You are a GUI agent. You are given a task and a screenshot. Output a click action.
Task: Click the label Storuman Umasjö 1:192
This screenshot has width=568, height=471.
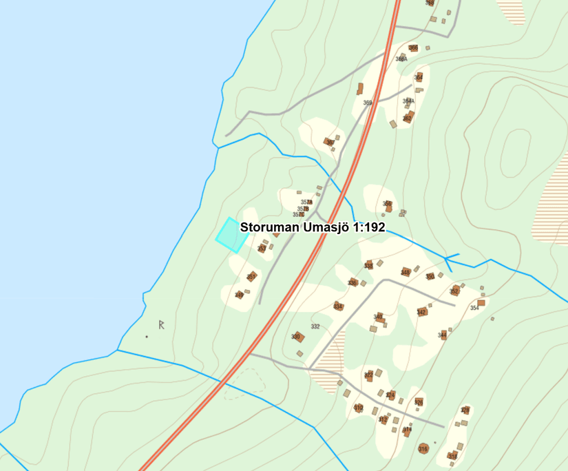click(312, 227)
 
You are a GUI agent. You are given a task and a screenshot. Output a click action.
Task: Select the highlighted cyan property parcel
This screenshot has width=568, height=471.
click(231, 235)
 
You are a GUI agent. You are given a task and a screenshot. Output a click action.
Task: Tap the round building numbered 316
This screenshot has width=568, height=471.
click(423, 448)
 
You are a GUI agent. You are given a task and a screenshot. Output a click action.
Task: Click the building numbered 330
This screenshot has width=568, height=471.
click(297, 337)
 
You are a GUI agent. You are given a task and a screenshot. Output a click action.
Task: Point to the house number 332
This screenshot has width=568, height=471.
click(315, 326)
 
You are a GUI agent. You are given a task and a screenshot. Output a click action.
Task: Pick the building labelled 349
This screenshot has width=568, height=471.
click(239, 295)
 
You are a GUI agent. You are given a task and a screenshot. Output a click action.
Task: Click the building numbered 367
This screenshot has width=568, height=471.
click(329, 143)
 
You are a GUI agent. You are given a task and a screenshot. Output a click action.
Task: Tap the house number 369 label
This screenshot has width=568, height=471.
click(368, 103)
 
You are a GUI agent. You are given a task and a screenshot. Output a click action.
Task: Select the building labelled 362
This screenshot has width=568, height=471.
click(408, 118)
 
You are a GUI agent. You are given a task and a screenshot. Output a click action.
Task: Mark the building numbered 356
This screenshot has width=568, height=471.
click(388, 205)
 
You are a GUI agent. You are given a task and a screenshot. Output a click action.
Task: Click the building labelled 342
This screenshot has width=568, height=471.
click(421, 312)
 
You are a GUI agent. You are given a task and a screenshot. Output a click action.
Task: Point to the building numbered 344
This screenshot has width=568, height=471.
click(443, 335)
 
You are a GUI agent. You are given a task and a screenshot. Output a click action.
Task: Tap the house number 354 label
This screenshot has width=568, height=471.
click(474, 308)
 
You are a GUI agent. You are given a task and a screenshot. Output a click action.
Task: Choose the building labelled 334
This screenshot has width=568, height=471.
click(338, 306)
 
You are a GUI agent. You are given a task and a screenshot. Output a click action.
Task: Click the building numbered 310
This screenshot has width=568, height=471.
click(359, 408)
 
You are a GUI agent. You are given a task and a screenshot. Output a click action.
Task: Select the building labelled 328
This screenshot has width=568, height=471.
click(465, 410)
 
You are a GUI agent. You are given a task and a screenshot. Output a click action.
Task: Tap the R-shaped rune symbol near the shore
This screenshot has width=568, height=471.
click(162, 324)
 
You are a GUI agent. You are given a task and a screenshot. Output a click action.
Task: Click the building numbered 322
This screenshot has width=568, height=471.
click(369, 375)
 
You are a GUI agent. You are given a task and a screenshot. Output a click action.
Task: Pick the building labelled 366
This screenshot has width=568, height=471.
click(413, 48)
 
